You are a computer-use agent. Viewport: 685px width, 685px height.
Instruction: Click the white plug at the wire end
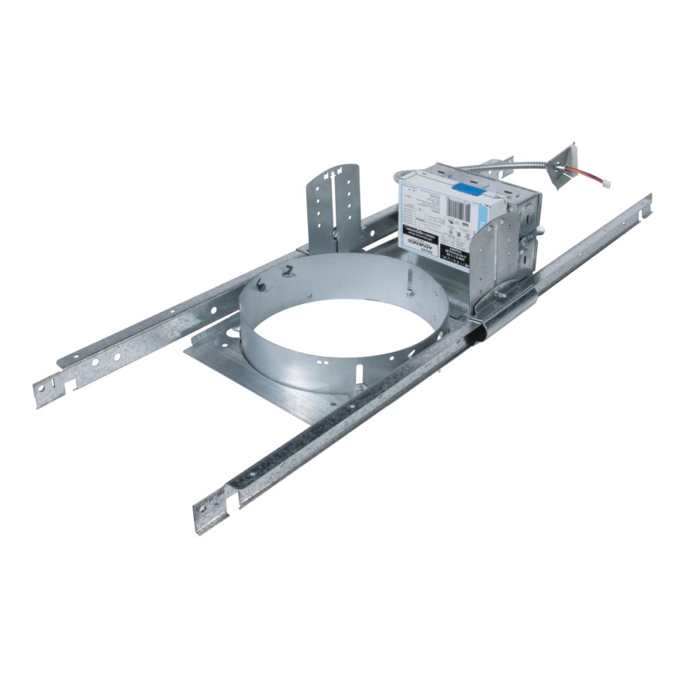[x=603, y=184]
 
